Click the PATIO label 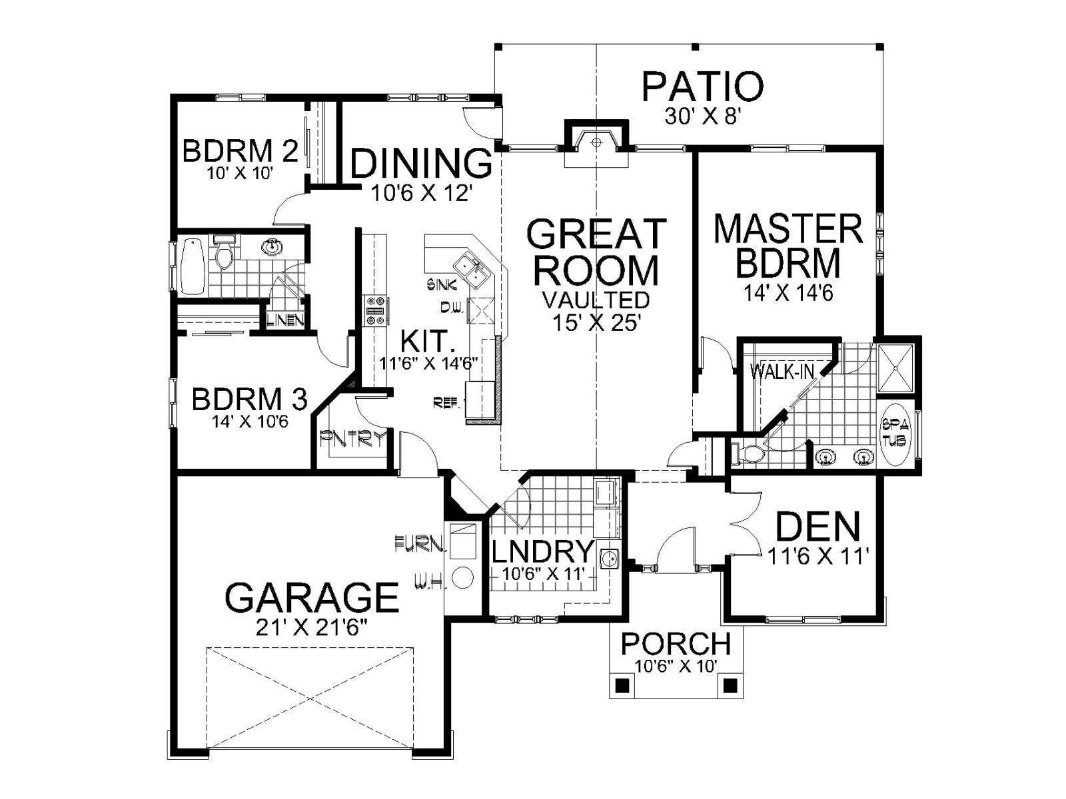(x=702, y=87)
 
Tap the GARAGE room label (x=312, y=598)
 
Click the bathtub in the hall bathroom (x=192, y=265)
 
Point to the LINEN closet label (x=286, y=320)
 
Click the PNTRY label (x=353, y=439)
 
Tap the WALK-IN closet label (x=782, y=372)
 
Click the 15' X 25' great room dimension (x=595, y=322)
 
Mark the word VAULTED (x=596, y=300)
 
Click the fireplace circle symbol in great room (x=596, y=142)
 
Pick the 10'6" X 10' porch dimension (x=676, y=666)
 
